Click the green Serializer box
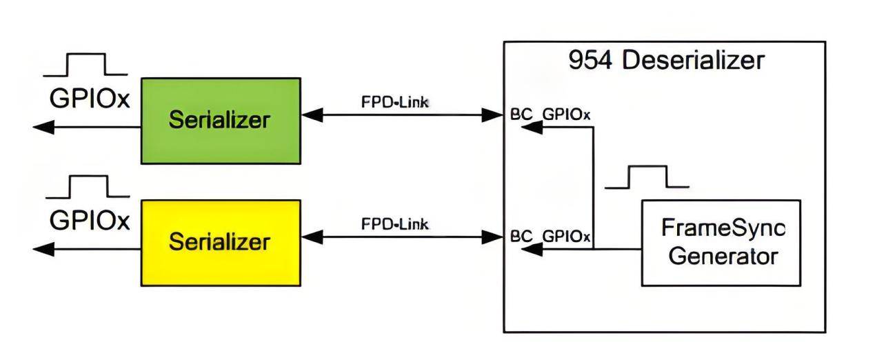click(221, 121)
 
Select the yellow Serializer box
click(221, 243)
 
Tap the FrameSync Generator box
click(721, 243)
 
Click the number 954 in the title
click(590, 61)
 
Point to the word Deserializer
click(694, 61)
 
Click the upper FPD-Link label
click(395, 102)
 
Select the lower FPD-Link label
click(395, 224)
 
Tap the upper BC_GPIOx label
click(550, 114)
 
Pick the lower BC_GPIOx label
click(550, 237)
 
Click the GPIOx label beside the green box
click(90, 98)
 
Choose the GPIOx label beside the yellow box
click(90, 221)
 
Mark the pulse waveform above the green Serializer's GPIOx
click(86, 65)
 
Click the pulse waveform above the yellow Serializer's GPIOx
click(88, 187)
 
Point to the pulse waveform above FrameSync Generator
click(647, 177)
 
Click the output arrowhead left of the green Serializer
click(43, 127)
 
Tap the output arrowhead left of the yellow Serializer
click(43, 249)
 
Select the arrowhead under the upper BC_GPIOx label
click(532, 127)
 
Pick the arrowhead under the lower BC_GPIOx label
click(532, 249)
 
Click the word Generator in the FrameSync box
click(723, 257)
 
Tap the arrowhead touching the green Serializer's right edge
click(312, 115)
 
